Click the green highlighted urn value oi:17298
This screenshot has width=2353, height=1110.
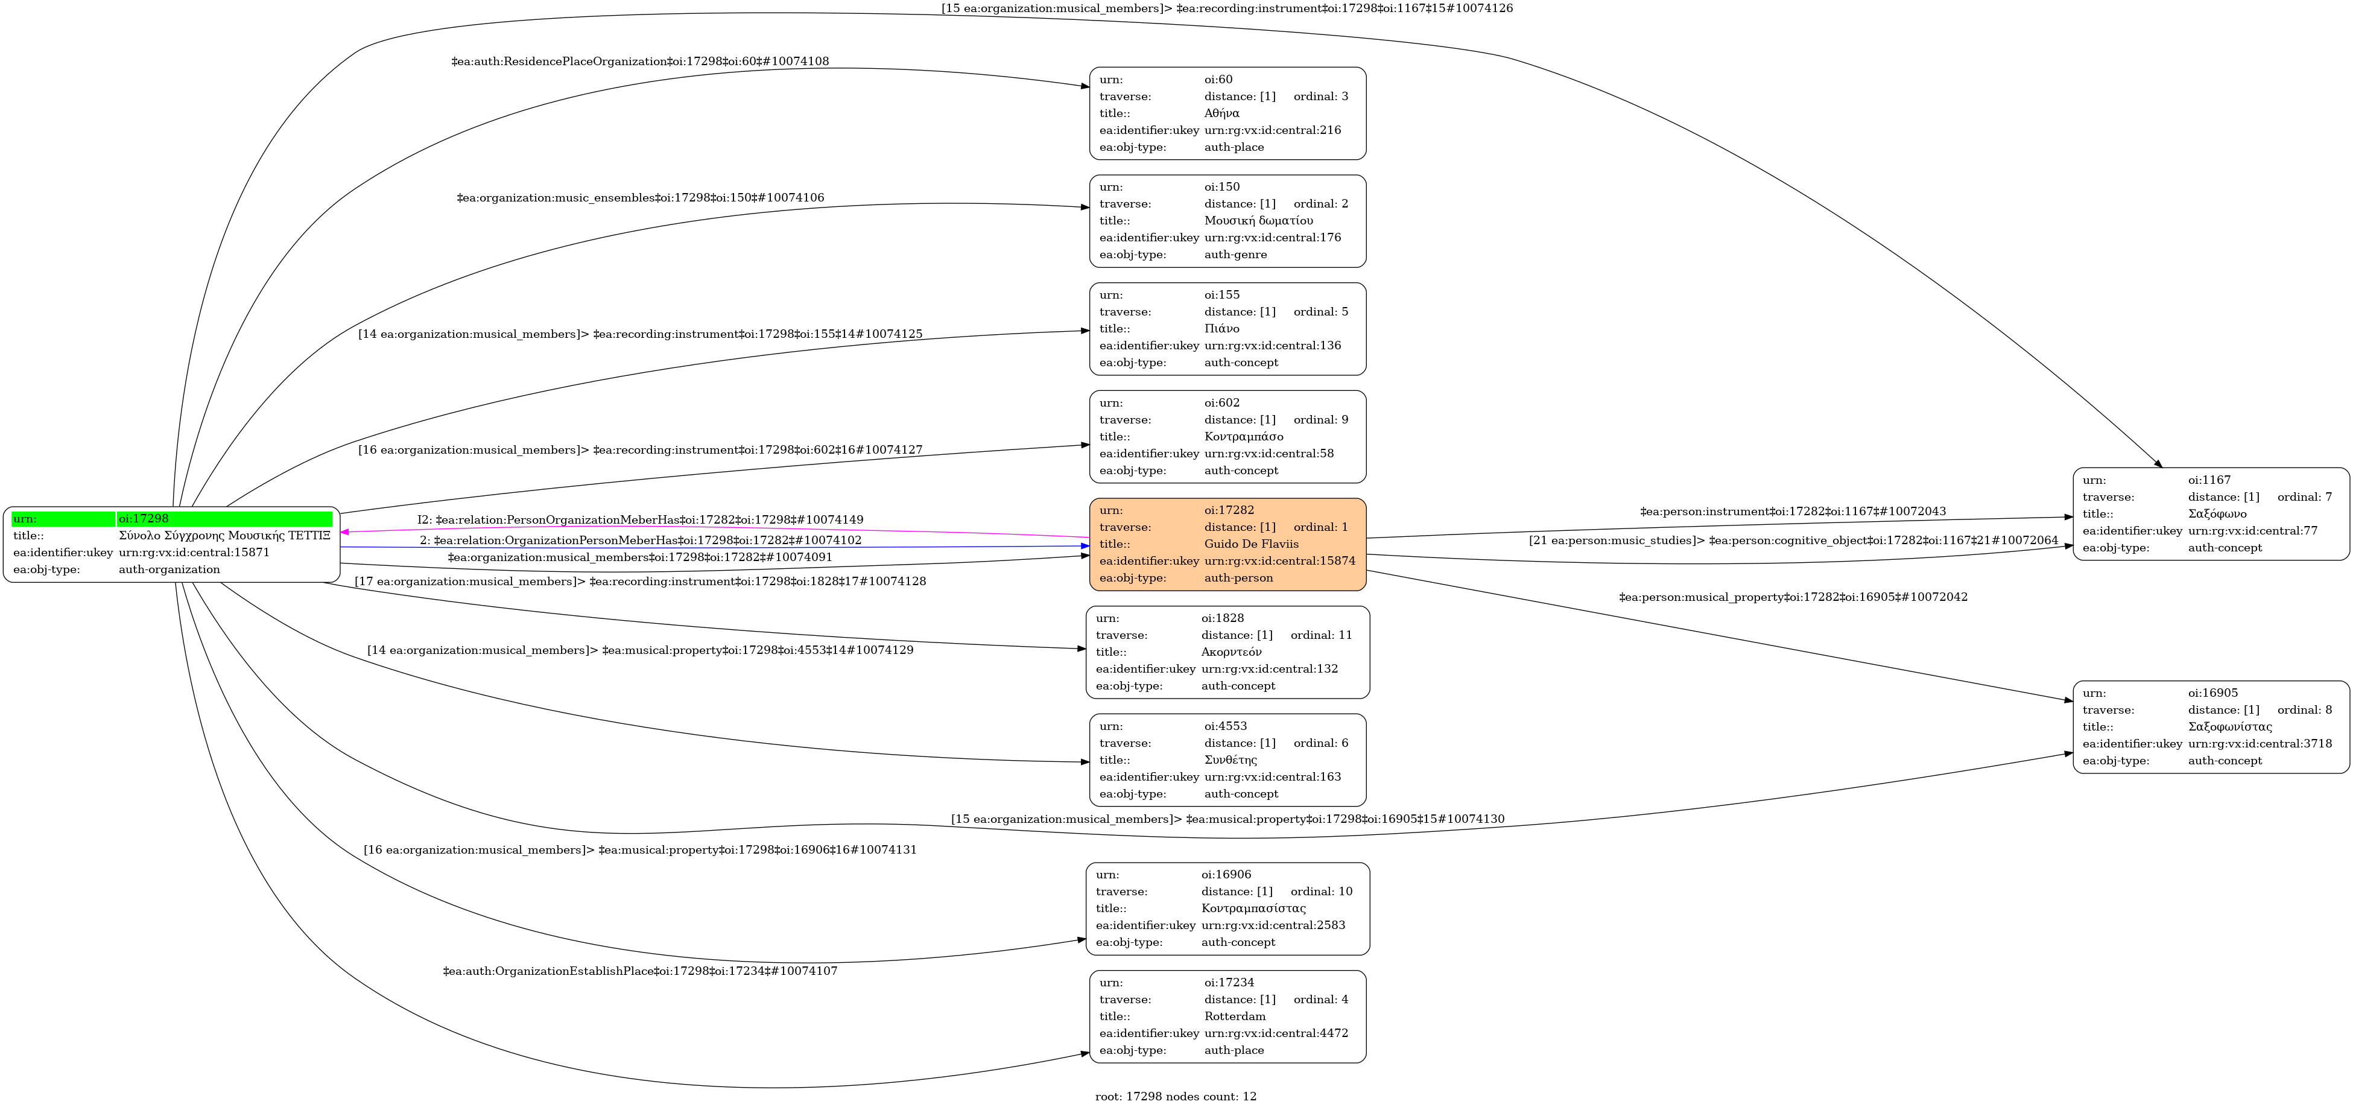(x=144, y=519)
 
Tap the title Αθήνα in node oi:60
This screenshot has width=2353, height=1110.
(x=1221, y=113)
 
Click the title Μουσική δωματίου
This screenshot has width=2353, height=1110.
(x=1259, y=220)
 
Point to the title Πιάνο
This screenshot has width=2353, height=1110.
(x=1221, y=328)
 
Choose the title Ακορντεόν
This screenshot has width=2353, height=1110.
(x=1231, y=652)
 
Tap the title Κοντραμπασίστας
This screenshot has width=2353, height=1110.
(x=1253, y=908)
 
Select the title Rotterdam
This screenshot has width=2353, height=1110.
(x=1235, y=1016)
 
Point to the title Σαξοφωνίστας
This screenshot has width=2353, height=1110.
(x=2230, y=727)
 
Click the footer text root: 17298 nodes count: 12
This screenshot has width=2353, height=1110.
(x=1176, y=1096)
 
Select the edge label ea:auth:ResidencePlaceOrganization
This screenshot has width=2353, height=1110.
(x=641, y=61)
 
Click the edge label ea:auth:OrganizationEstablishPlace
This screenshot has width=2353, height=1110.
(x=641, y=971)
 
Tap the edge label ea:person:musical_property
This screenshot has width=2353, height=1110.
(x=1793, y=597)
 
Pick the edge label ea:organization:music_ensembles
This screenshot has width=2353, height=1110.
(x=641, y=197)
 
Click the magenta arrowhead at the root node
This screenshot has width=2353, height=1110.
(x=345, y=531)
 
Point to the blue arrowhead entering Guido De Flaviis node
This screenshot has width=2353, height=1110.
(x=1085, y=547)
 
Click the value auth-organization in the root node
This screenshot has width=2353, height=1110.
(x=169, y=569)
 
